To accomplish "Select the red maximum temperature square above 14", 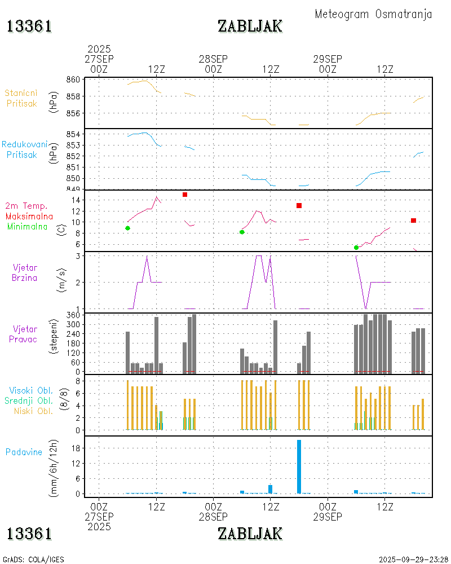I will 184,195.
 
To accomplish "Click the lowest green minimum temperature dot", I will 356,248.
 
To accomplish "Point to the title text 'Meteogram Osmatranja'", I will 373,14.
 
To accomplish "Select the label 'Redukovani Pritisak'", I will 21,149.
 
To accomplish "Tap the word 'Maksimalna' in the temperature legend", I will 29,216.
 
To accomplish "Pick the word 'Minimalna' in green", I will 28,226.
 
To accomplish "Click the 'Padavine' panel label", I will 24,452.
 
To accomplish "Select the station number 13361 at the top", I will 29,26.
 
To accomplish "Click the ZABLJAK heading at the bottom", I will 250,533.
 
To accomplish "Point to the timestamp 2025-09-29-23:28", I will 413,559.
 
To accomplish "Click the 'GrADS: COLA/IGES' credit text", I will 34,559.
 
